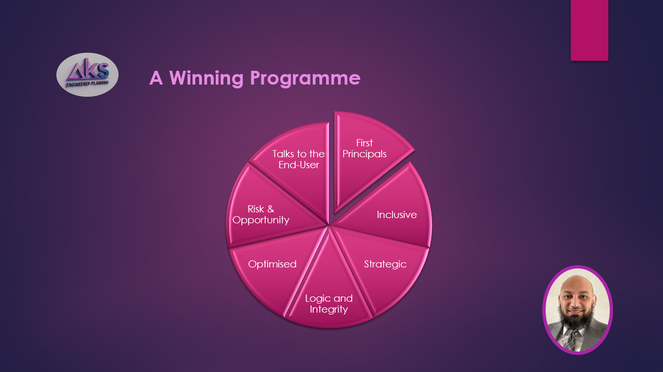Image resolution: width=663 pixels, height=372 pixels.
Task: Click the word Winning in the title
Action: pyautogui.click(x=207, y=78)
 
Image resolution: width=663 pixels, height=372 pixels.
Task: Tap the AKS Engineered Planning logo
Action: pyautogui.click(x=87, y=75)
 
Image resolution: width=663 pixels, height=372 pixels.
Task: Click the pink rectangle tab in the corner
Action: pyautogui.click(x=589, y=30)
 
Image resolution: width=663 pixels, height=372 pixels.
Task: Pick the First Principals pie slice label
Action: pyautogui.click(x=365, y=149)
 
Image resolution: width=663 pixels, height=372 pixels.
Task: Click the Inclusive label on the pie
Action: pyautogui.click(x=397, y=215)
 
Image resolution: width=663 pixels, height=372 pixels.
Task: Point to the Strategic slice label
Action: pyautogui.click(x=385, y=264)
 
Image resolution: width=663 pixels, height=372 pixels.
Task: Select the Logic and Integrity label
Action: pyautogui.click(x=329, y=304)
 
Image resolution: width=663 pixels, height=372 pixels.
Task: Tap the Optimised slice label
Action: pyautogui.click(x=272, y=264)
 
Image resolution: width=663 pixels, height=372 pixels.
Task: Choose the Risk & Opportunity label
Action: pyautogui.click(x=261, y=215)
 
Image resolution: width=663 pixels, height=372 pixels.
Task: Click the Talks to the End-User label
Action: pyautogui.click(x=298, y=160)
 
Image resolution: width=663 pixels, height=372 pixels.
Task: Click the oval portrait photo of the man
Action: pyautogui.click(x=577, y=310)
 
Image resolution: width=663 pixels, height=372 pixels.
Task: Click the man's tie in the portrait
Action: pyautogui.click(x=570, y=340)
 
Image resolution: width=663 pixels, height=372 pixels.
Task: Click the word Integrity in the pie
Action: pyautogui.click(x=329, y=310)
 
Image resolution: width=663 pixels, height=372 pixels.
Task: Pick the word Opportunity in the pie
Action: pyautogui.click(x=261, y=220)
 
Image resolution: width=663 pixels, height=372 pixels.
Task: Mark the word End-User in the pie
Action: pyautogui.click(x=298, y=165)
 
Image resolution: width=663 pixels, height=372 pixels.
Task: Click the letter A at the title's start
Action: pyautogui.click(x=156, y=78)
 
